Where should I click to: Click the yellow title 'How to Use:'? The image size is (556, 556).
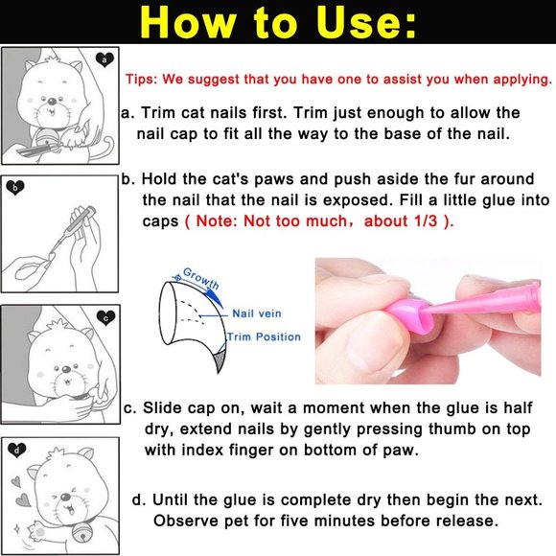[x=278, y=22]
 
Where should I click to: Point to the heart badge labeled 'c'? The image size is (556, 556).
[x=105, y=317]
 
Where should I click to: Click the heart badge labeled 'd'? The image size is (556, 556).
[x=17, y=448]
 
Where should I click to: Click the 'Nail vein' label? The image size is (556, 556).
[x=257, y=313]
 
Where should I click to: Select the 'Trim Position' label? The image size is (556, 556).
[x=264, y=336]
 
